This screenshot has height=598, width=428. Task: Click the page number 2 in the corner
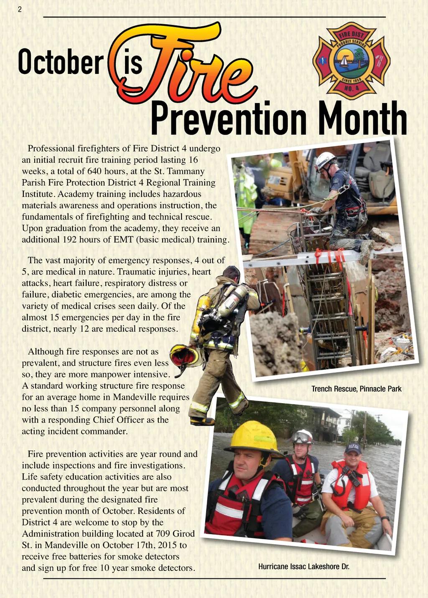(20, 10)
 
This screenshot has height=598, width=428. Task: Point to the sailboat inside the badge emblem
(344, 62)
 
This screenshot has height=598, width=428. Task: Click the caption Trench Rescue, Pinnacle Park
(356, 389)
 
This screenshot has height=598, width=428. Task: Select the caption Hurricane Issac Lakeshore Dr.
(303, 566)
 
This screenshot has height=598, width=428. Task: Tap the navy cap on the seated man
(353, 448)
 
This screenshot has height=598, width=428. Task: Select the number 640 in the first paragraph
(94, 171)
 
